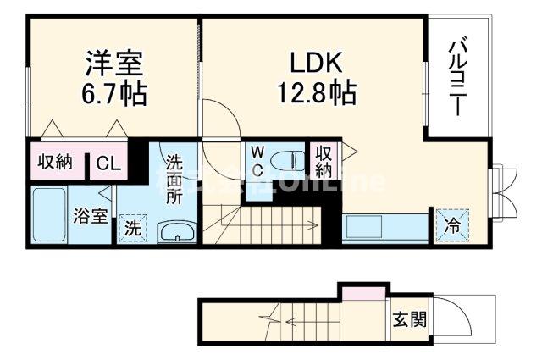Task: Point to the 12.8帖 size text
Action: [315, 91]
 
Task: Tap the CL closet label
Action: [108, 163]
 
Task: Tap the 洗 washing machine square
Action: [133, 227]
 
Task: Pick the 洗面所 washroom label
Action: [174, 179]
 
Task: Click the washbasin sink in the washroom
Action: [177, 231]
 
